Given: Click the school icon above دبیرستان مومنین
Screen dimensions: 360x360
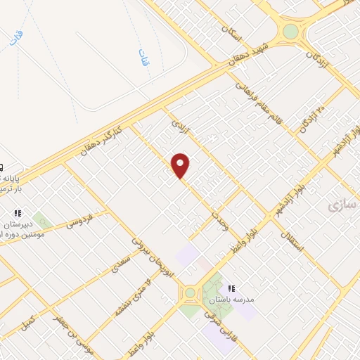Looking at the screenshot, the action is pyautogui.click(x=18, y=212).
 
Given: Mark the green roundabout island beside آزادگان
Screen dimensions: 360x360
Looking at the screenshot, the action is pyautogui.click(x=290, y=32).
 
